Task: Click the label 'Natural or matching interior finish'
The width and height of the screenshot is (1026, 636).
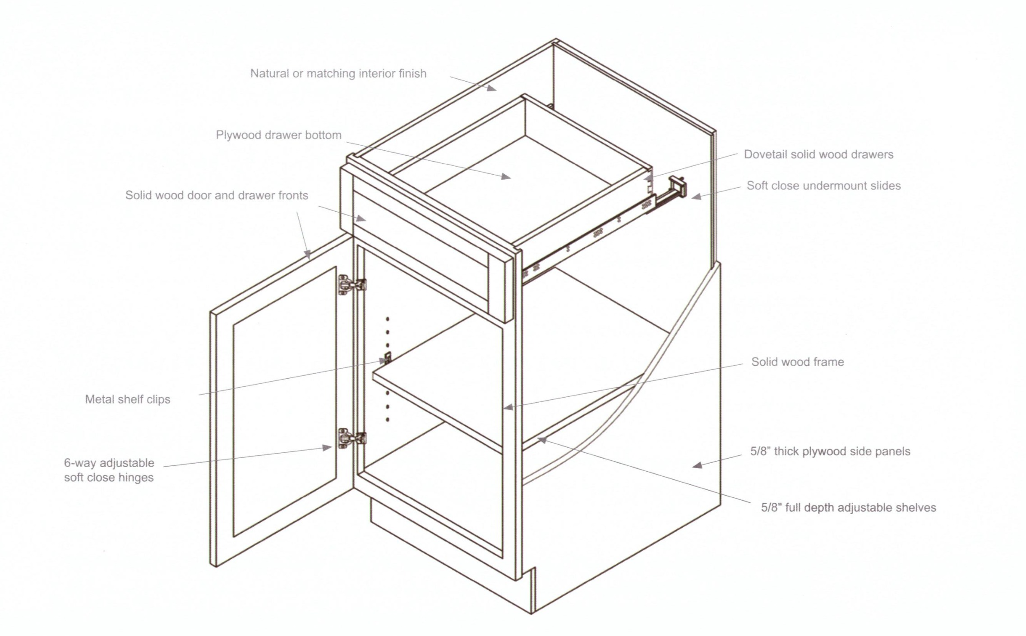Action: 338,74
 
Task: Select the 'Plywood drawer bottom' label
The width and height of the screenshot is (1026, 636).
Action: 278,135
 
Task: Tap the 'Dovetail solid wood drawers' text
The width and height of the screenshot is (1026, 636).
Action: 818,154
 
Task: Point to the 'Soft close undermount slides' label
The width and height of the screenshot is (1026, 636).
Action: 823,186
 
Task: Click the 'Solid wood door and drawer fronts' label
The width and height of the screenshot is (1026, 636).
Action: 217,195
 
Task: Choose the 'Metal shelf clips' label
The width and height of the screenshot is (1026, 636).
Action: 128,399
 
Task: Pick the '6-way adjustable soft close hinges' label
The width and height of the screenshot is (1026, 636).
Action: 109,470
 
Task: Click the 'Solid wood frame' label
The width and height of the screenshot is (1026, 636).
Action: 797,362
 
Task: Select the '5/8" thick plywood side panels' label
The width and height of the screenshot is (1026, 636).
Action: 830,451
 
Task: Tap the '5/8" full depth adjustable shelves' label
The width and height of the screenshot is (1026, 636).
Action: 848,507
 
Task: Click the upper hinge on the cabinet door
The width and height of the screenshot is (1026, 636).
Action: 351,285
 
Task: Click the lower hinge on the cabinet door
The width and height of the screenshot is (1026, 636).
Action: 351,438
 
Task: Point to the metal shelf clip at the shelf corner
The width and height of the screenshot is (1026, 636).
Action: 387,359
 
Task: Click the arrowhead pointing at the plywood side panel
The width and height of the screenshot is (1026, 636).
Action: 697,465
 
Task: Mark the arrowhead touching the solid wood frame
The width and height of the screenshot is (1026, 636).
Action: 508,408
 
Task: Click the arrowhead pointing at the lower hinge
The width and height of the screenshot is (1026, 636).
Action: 328,447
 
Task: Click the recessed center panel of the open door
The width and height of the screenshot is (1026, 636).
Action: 284,402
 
